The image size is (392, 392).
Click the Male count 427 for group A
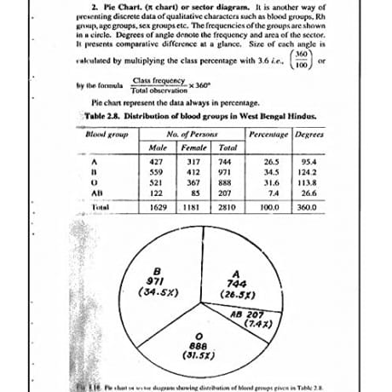click(x=156, y=161)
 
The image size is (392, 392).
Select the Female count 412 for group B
click(x=193, y=172)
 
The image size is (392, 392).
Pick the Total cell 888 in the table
click(x=226, y=183)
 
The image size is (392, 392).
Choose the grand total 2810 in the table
click(x=226, y=208)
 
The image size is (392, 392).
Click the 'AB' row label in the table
click(x=98, y=194)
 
